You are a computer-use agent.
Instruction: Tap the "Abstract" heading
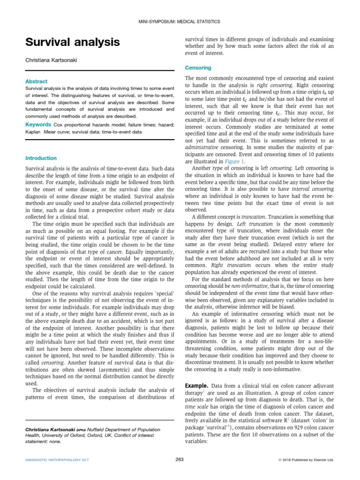click(36, 82)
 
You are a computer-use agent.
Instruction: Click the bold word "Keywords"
click(38, 125)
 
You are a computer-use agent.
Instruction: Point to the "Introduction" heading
click(41, 158)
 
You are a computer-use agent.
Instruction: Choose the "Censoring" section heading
click(198, 67)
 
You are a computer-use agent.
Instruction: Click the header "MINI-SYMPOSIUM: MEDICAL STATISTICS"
click(180, 22)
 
